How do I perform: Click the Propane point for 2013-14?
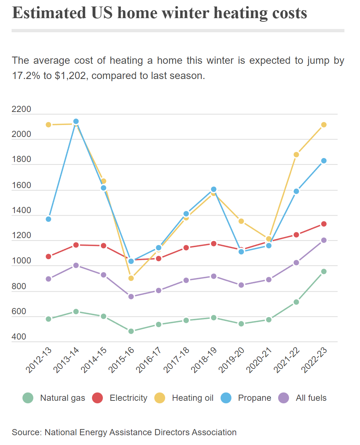click(x=76, y=121)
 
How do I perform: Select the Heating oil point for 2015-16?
click(x=131, y=278)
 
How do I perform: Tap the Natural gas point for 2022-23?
click(x=324, y=271)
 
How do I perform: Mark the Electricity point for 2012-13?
click(x=49, y=257)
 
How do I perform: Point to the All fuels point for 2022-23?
click(x=324, y=240)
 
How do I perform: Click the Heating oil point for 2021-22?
click(x=296, y=155)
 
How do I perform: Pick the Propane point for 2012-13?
click(x=49, y=219)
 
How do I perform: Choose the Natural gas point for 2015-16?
click(x=131, y=331)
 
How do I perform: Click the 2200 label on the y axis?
click(x=21, y=109)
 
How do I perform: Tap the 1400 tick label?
click(x=21, y=211)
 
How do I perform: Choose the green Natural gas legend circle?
click(x=28, y=398)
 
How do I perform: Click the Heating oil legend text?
click(x=193, y=398)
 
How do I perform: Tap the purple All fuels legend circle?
click(x=284, y=398)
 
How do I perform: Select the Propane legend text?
click(x=255, y=398)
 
